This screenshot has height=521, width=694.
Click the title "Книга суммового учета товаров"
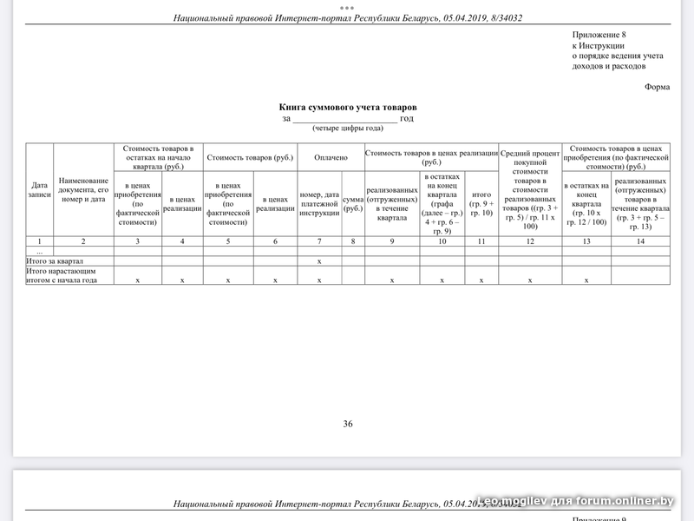347,107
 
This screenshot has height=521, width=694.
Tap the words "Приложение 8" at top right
599,35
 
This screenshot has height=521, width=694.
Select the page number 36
348,424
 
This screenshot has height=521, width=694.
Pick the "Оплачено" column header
331,157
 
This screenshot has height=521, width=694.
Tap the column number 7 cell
319,241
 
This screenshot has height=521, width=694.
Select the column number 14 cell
640,241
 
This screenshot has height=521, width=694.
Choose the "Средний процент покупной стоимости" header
530,189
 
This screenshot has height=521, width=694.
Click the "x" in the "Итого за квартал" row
319,260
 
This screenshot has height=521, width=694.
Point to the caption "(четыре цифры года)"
347,129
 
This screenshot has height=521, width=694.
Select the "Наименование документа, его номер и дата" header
82,189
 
